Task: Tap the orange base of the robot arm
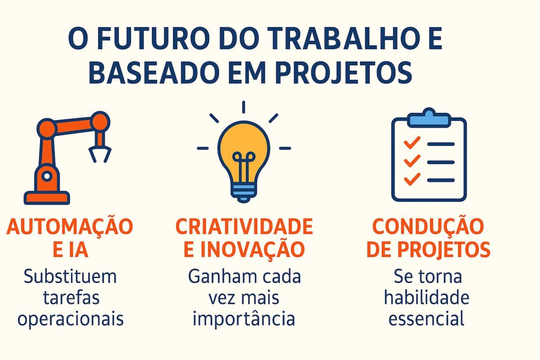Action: (x=47, y=198)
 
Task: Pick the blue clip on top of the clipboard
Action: (x=429, y=118)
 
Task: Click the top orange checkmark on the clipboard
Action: (x=411, y=143)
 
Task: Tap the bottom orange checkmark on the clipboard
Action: (x=411, y=179)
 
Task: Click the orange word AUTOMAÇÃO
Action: (x=70, y=227)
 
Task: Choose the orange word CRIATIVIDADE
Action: (x=244, y=227)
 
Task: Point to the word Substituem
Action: (x=70, y=277)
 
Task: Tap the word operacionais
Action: (x=70, y=319)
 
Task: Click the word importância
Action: (x=244, y=319)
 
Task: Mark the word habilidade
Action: (x=427, y=298)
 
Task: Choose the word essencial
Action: (x=427, y=319)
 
